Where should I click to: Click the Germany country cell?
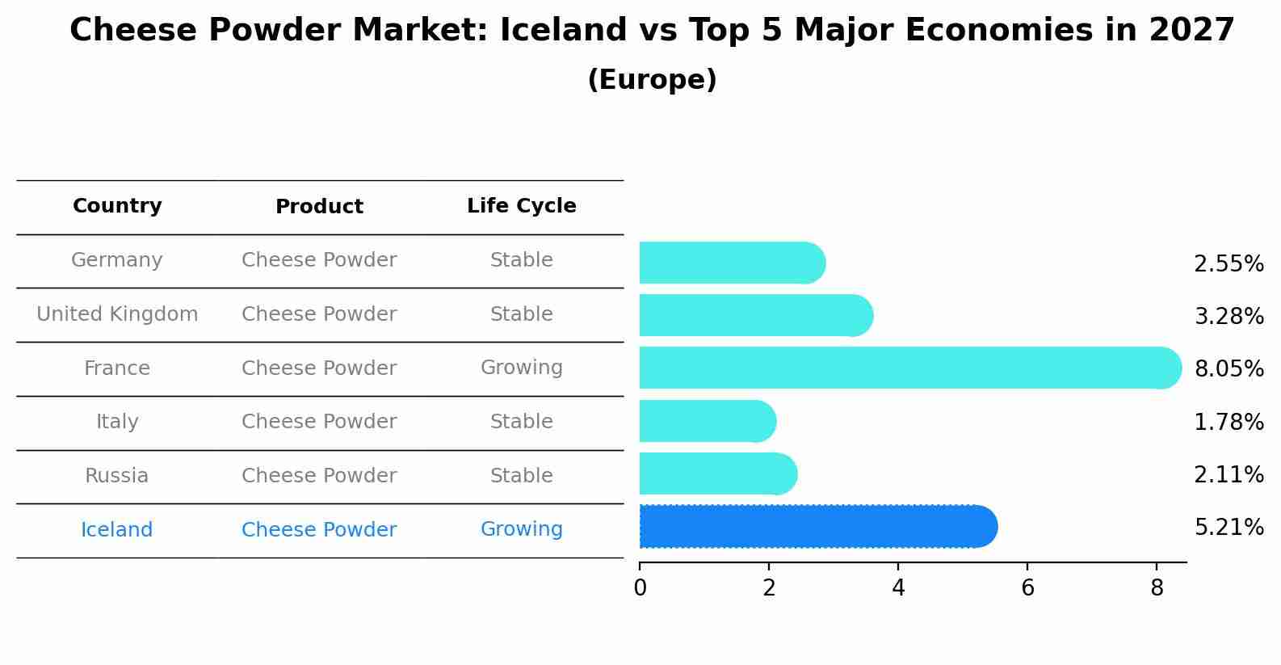[x=116, y=260]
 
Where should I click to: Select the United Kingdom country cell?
[x=116, y=314]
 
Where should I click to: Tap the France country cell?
[x=116, y=368]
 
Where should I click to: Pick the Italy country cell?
[x=116, y=422]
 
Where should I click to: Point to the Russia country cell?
[x=116, y=476]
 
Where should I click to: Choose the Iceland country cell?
[x=116, y=529]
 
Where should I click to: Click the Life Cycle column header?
[x=522, y=206]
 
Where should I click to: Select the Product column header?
[x=319, y=206]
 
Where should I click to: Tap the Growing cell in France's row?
[x=522, y=368]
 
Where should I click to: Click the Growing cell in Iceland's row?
[x=522, y=529]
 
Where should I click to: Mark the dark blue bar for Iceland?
[x=818, y=527]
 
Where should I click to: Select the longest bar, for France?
[x=910, y=368]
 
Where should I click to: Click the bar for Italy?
[x=708, y=421]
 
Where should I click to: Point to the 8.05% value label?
[x=1229, y=368]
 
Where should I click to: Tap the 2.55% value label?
[x=1229, y=264]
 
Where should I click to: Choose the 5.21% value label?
[x=1229, y=527]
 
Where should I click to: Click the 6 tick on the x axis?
[x=1027, y=588]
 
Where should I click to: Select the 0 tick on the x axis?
[x=640, y=588]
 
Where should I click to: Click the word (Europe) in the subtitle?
[x=652, y=79]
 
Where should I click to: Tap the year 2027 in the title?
[x=1192, y=30]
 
